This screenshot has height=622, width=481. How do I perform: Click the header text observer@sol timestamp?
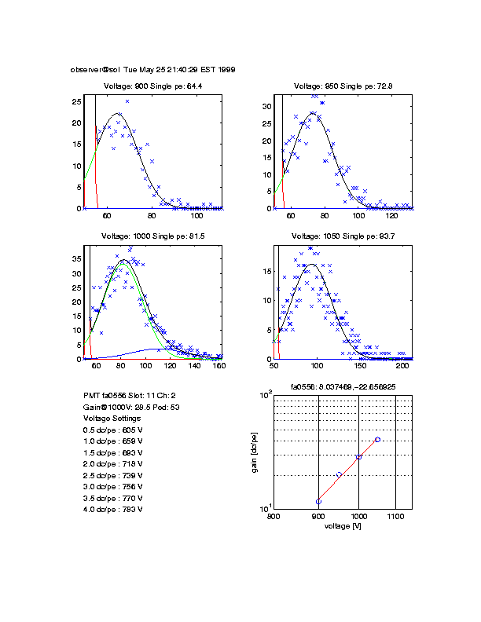(153, 69)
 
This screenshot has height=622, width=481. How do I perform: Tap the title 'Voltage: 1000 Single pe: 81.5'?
(152, 236)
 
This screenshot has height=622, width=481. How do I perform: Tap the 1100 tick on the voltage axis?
(395, 517)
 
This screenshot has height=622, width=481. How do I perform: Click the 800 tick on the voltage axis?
(274, 517)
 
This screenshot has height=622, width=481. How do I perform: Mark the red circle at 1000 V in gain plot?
(358, 457)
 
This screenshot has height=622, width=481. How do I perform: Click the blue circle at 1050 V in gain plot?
(378, 440)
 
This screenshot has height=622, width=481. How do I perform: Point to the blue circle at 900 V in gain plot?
(318, 501)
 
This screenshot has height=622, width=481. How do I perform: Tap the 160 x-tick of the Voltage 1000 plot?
(219, 366)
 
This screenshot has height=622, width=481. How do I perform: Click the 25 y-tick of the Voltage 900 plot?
(77, 102)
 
